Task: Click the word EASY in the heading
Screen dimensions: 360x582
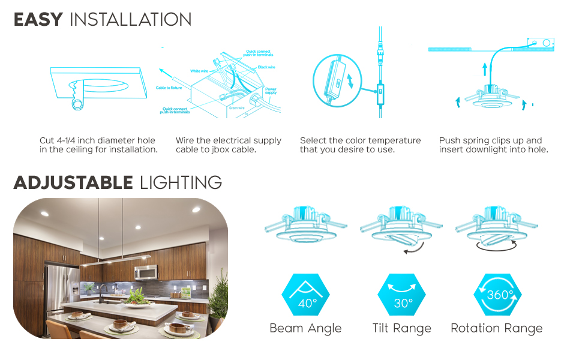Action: pos(38,19)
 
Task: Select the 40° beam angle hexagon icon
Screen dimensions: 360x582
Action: pos(305,296)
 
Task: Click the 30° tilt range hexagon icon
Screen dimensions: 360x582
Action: pos(401,296)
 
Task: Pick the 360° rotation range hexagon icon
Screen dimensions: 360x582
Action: pos(497,296)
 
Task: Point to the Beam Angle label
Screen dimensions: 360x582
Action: pos(305,328)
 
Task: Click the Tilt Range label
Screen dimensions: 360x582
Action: pos(401,328)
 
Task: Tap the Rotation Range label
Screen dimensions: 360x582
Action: pos(497,328)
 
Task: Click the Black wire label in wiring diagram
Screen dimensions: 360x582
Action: pos(266,67)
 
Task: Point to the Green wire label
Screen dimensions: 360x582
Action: pos(236,109)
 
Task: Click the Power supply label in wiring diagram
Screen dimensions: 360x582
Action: pos(271,91)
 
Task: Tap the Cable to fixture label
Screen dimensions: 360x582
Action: pos(170,88)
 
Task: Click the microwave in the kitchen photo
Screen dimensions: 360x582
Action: pos(146,272)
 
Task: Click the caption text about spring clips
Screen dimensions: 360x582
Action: pos(493,145)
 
